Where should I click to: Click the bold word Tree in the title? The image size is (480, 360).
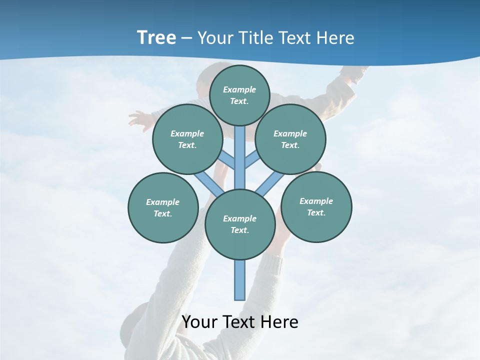pos(156,38)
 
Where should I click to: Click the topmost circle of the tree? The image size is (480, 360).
pos(239,95)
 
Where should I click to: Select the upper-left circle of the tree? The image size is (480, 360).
pos(187,139)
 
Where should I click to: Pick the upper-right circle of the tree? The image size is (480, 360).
pos(290,139)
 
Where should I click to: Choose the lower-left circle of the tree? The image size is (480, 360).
pos(163,207)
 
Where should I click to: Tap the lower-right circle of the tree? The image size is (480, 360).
pos(316,206)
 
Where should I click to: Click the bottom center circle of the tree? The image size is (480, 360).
pos(240,224)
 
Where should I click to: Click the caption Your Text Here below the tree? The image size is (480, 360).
pos(240,322)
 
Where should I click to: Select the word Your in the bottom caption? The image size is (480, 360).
pos(199,322)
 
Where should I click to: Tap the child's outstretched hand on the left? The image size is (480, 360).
pos(137,120)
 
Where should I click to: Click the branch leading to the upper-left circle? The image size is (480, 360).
pos(227,159)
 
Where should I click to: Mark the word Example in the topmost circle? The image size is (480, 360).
pos(239,89)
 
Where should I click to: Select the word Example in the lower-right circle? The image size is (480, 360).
pos(316,201)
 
